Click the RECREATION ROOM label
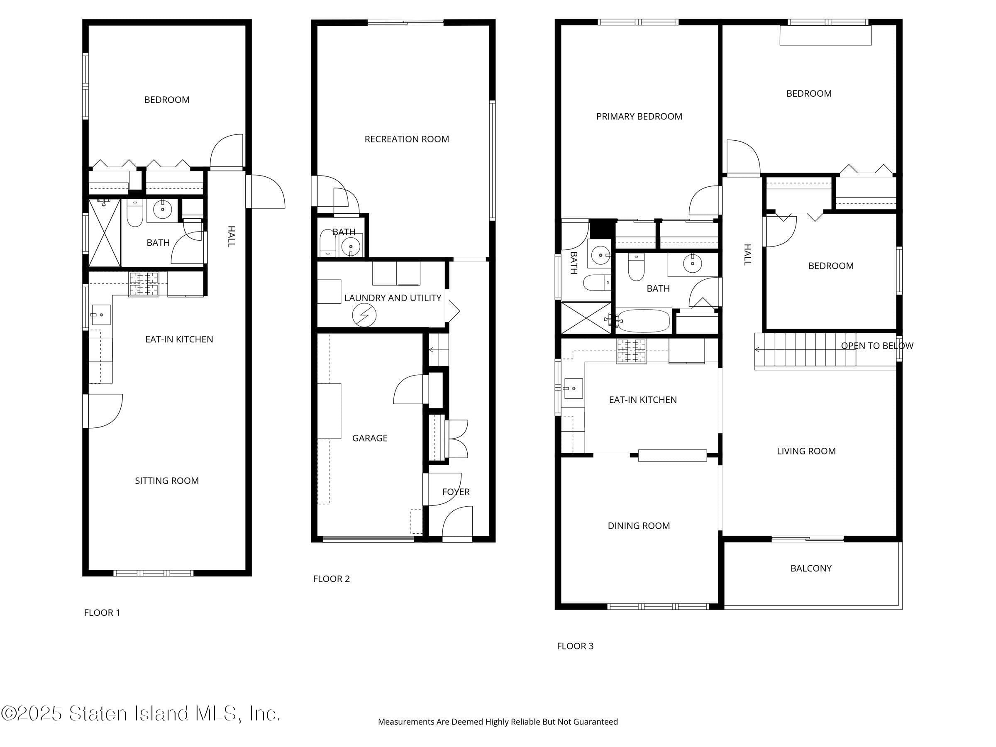click(x=407, y=139)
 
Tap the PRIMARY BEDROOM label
click(x=639, y=117)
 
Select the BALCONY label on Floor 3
click(x=810, y=568)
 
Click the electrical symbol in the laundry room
click(x=364, y=315)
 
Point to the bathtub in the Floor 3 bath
click(x=643, y=321)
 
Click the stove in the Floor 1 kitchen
click(x=144, y=284)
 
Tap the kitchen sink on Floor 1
click(x=101, y=315)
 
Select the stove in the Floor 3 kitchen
click(x=631, y=351)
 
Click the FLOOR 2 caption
click(x=332, y=579)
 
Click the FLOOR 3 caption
click(x=575, y=646)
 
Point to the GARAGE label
click(x=370, y=438)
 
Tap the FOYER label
click(x=456, y=492)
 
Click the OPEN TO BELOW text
click(x=876, y=346)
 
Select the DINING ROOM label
click(x=639, y=526)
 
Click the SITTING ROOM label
click(x=166, y=481)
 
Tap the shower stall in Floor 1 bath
click(x=105, y=233)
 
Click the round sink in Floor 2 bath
click(x=350, y=246)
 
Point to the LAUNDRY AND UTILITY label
click(x=393, y=298)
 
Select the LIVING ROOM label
click(x=806, y=451)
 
